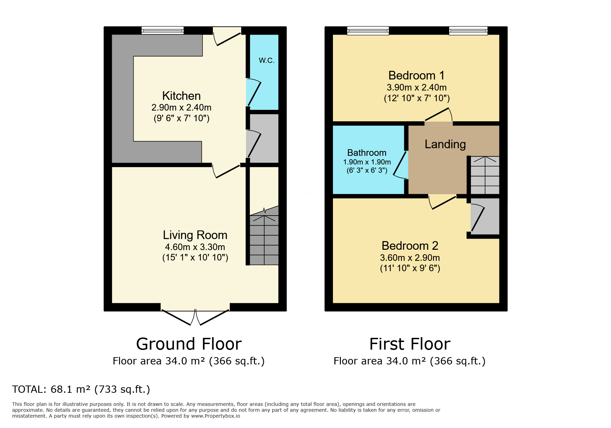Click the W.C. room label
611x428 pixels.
tap(267, 60)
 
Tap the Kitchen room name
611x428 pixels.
tap(181, 96)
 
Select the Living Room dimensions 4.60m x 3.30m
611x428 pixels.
tap(195, 247)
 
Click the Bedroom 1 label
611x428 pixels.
tap(416, 75)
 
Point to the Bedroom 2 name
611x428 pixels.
tap(410, 246)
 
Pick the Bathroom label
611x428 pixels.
tap(367, 153)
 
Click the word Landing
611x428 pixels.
tap(445, 144)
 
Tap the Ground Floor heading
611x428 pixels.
tap(189, 344)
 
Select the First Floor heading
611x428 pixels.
tap(410, 344)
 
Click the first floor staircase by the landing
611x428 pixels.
tap(485, 175)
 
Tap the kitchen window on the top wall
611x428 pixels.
tap(162, 30)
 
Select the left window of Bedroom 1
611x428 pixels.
tap(368, 30)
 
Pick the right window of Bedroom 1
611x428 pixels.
tap(468, 30)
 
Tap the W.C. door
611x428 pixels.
tap(253, 92)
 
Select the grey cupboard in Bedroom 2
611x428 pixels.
tap(485, 216)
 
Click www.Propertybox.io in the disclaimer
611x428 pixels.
tap(216, 416)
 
